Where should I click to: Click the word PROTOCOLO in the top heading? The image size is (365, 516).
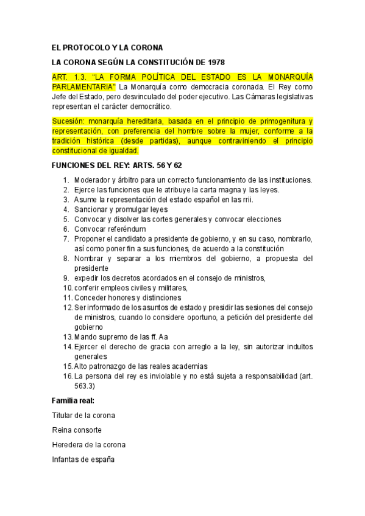(x=93, y=47)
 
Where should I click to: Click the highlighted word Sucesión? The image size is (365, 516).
(x=69, y=121)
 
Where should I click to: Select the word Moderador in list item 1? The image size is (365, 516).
(x=93, y=180)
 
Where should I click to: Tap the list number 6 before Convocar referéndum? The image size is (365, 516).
(x=66, y=229)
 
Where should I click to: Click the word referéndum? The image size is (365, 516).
(x=126, y=229)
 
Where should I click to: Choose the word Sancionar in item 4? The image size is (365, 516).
(x=93, y=209)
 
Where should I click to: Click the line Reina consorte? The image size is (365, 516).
(x=77, y=430)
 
